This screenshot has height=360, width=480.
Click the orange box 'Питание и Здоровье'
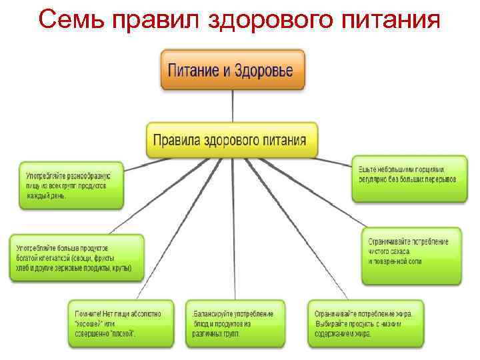(232, 70)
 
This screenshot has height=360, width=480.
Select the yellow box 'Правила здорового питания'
(231, 140)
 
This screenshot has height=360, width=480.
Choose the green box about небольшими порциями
(407, 175)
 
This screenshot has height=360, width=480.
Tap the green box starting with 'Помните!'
(120, 323)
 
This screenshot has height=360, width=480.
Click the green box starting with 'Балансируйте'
(234, 323)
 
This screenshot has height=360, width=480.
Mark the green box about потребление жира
(365, 323)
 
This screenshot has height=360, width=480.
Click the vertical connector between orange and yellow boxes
(232, 105)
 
